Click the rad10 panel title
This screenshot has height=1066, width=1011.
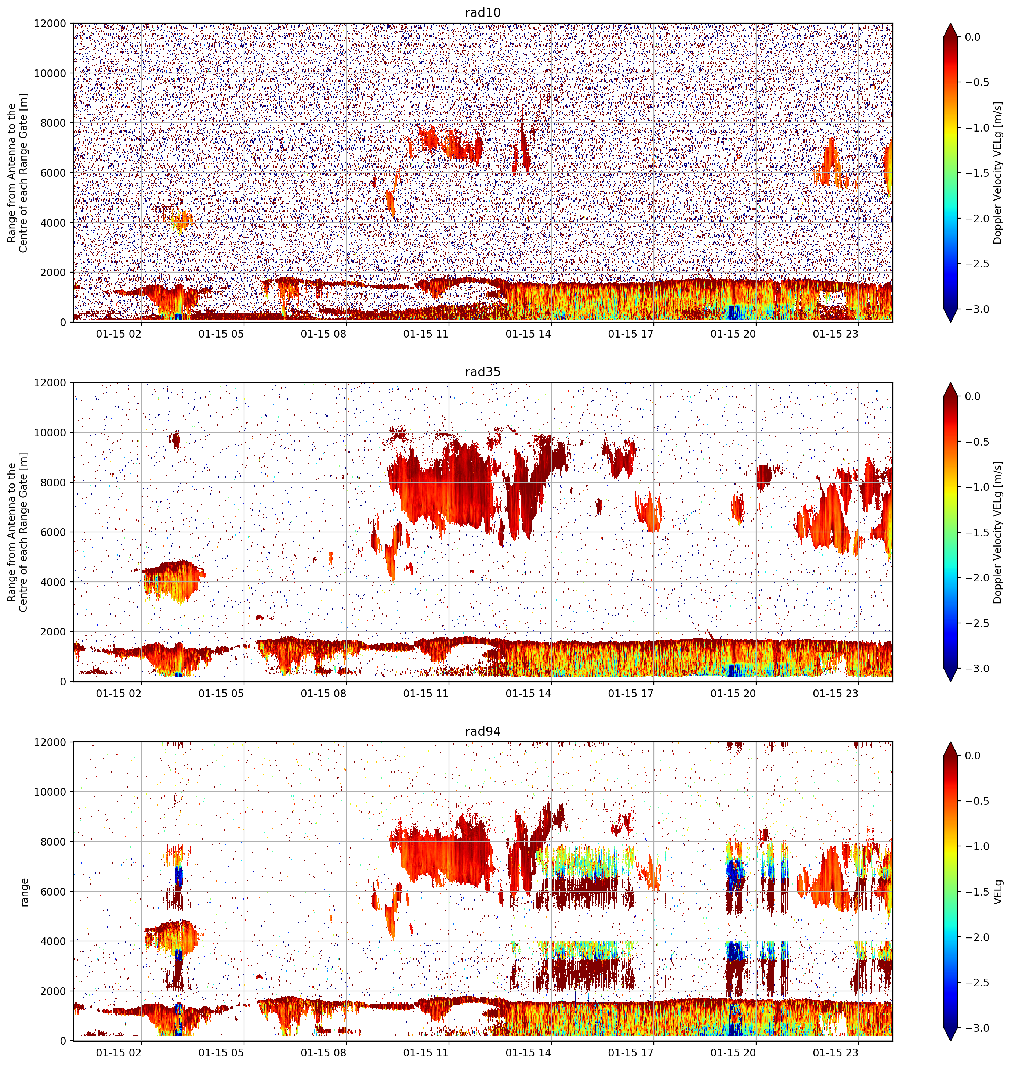click(x=482, y=12)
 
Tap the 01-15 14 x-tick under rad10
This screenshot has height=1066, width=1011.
click(x=528, y=334)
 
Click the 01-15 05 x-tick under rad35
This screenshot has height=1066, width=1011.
click(x=221, y=694)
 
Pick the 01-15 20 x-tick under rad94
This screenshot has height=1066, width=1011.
click(x=733, y=1053)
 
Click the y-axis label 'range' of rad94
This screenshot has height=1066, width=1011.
click(x=24, y=892)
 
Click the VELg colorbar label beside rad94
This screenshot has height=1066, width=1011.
click(x=998, y=892)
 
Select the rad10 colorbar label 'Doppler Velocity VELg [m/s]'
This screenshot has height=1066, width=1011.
click(x=998, y=173)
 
